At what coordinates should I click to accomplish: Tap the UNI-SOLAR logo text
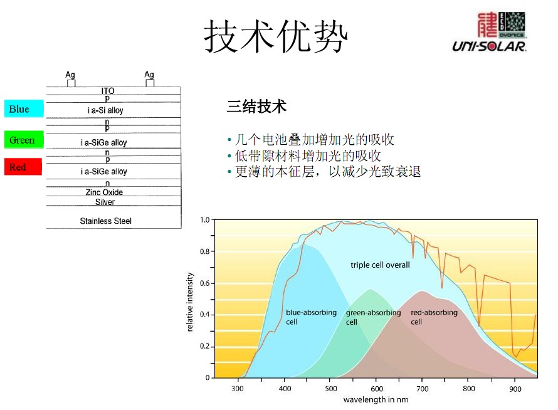coord(489,46)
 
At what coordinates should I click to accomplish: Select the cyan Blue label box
coord(24,108)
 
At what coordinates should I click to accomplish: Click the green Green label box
coord(24,139)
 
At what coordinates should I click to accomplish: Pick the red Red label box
coord(23,167)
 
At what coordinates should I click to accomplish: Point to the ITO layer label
coord(108,91)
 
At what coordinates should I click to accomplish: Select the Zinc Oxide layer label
coord(104,192)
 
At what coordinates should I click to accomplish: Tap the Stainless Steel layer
coord(105,221)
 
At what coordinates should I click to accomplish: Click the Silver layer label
coord(105,202)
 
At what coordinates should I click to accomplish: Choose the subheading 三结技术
coord(256,107)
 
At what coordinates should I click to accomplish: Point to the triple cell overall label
coord(380,265)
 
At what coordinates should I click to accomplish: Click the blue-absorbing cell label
coord(311,317)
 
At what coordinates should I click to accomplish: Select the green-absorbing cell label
coord(373,317)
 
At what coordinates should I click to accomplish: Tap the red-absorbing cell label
coord(434,317)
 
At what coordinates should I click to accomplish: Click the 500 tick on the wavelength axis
coord(330,389)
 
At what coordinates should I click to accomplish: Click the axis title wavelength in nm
coord(376,400)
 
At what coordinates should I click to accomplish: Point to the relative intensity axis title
coord(191,302)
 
